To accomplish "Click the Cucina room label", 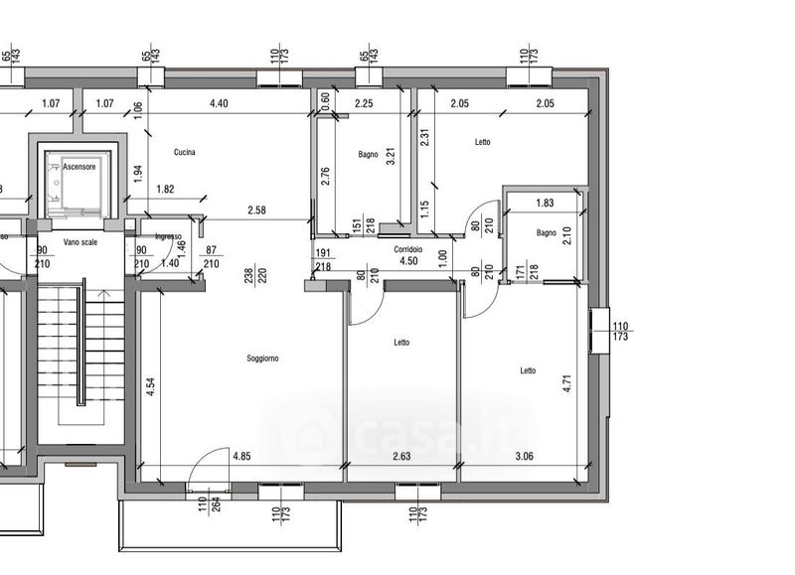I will click(x=184, y=152).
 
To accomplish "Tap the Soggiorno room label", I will click(x=261, y=359).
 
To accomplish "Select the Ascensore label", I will click(x=79, y=167).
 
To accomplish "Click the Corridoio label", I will click(x=407, y=248).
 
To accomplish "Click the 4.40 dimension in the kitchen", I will click(x=220, y=103).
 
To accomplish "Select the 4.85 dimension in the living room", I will click(x=241, y=456).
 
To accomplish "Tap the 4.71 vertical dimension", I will click(x=566, y=383).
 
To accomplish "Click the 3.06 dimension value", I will click(x=522, y=456).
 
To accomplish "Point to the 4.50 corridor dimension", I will click(x=408, y=262).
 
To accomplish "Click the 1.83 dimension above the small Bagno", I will click(x=545, y=203).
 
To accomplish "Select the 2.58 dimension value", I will click(x=257, y=210).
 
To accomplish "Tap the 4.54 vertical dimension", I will click(x=151, y=387).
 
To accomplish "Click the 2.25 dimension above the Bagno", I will click(x=364, y=103).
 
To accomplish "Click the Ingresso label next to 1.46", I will click(x=168, y=236).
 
